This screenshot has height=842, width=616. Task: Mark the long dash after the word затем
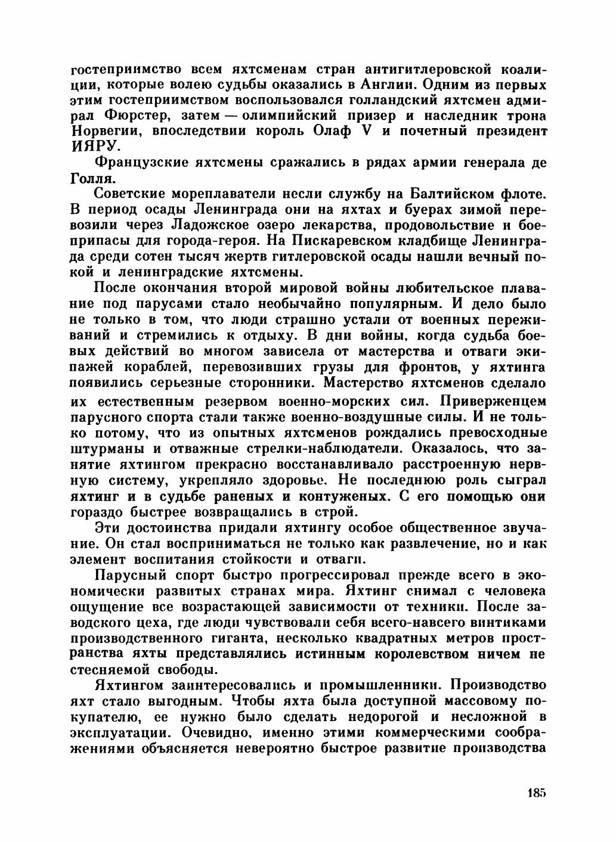(x=227, y=114)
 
